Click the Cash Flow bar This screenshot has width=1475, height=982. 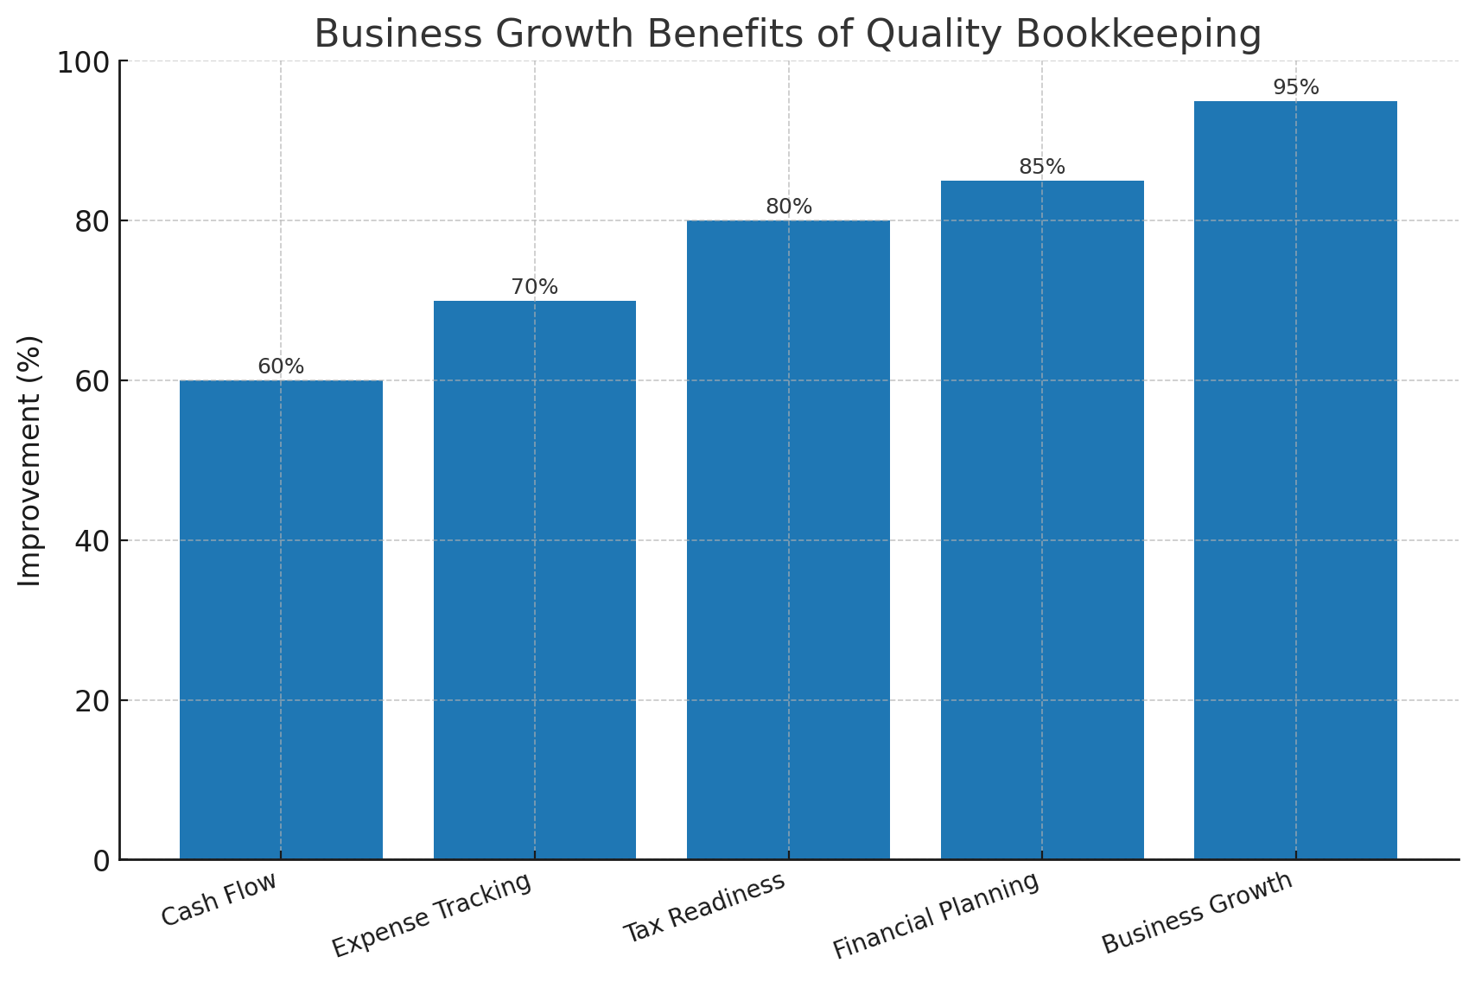click(281, 619)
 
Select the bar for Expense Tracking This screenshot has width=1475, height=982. click(535, 579)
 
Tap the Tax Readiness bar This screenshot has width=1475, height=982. click(788, 539)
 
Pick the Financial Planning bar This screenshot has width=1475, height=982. click(1042, 520)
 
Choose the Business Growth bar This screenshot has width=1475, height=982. click(1295, 480)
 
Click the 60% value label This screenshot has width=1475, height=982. click(281, 367)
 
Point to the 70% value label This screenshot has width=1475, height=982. click(535, 287)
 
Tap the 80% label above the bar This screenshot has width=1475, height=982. click(789, 207)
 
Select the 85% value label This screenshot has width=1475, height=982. click(1042, 167)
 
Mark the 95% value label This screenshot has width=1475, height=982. click(1296, 87)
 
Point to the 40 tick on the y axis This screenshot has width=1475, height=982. click(92, 541)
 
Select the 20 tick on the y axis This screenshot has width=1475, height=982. click(92, 701)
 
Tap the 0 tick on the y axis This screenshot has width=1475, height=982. click(102, 861)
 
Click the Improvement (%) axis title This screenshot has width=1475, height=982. click(30, 460)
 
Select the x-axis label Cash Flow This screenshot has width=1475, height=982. click(219, 899)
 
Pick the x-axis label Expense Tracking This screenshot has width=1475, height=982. click(431, 915)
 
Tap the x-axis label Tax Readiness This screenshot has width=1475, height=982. click(704, 907)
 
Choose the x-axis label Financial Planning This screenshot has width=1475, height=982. click(935, 915)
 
